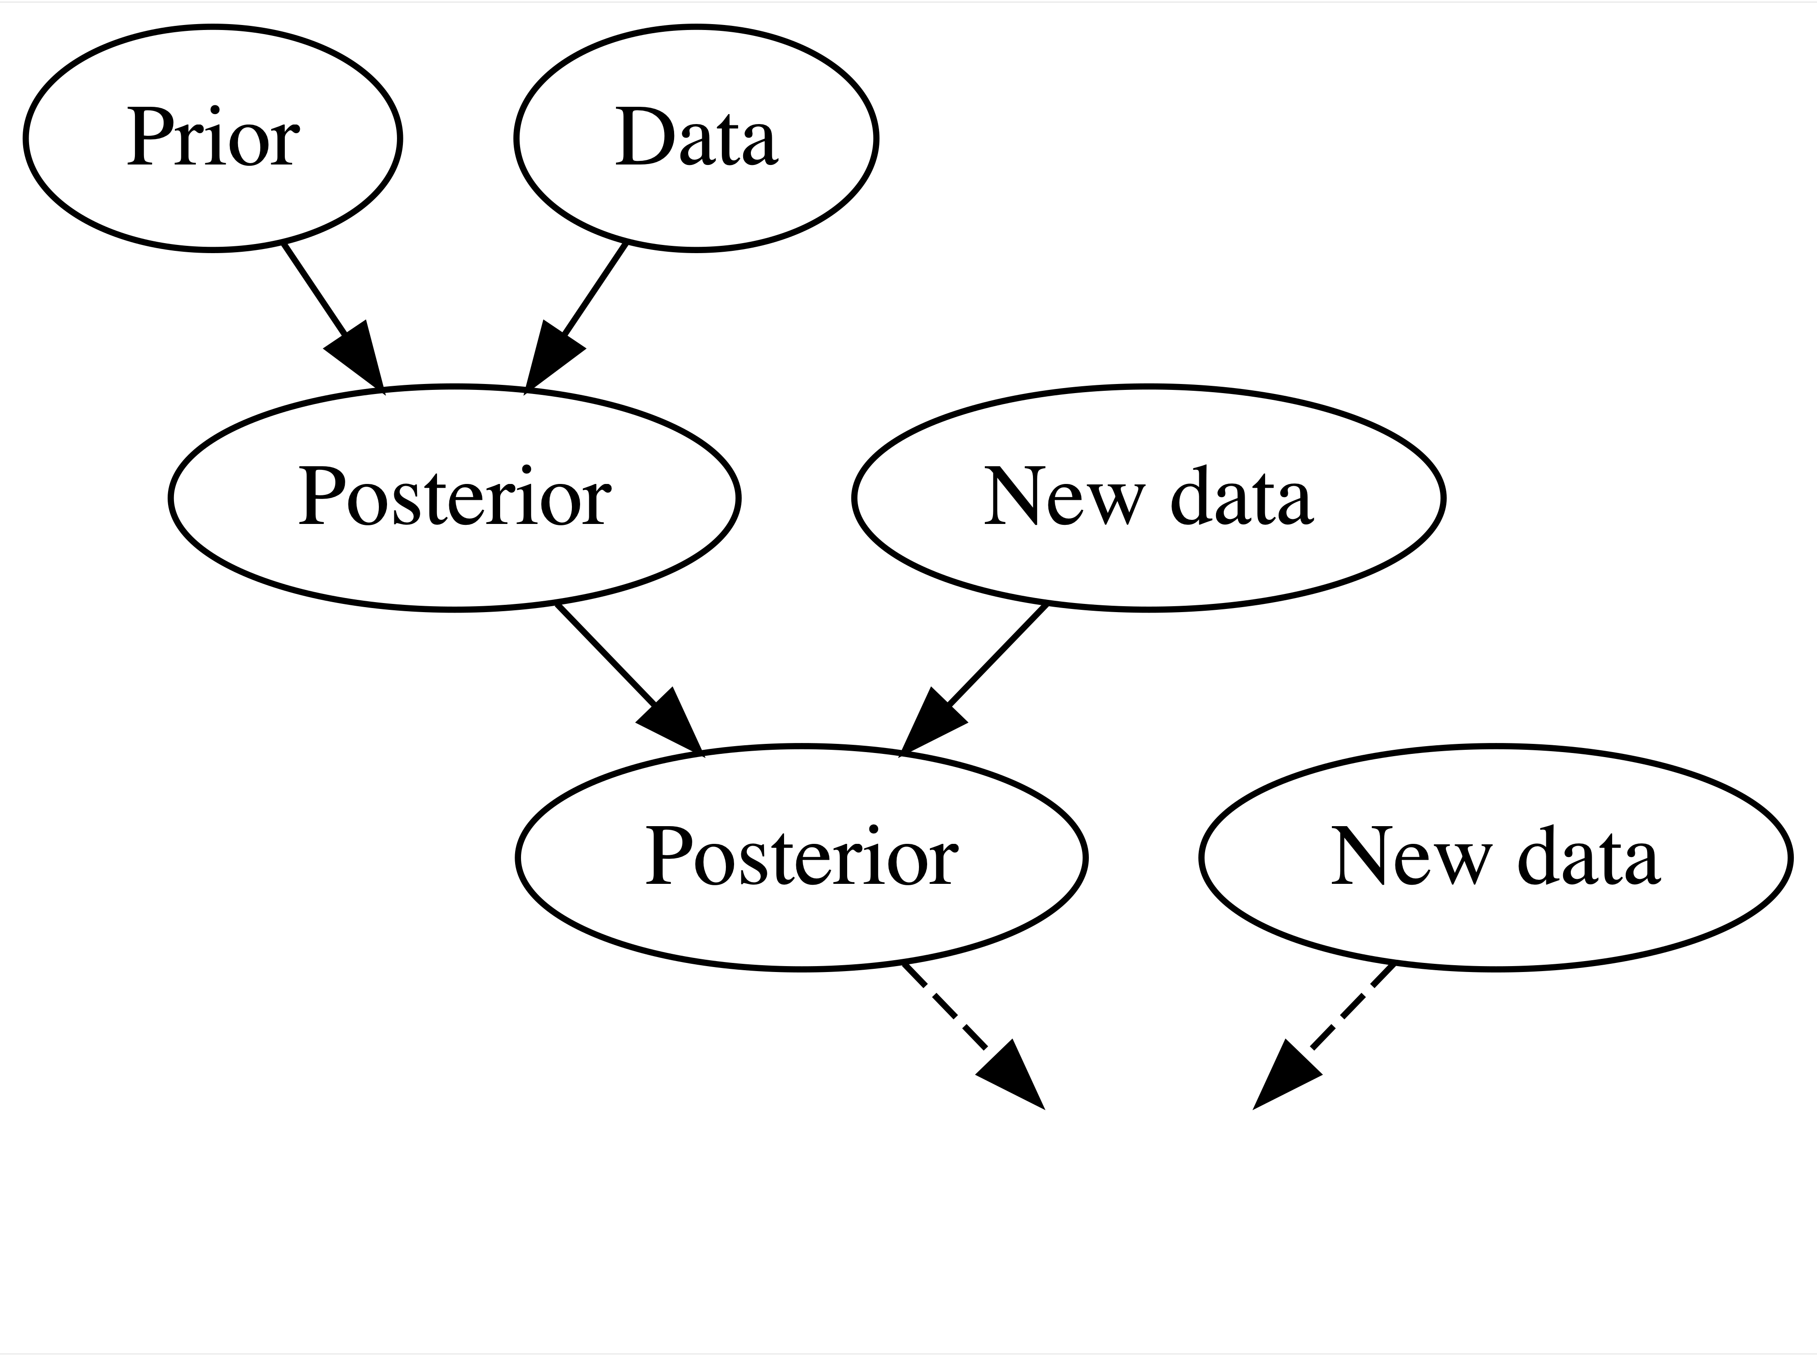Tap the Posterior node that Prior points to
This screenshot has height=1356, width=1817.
click(x=454, y=498)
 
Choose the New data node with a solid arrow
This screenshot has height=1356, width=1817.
click(x=1147, y=498)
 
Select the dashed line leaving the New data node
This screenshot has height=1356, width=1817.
click(x=1352, y=1007)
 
